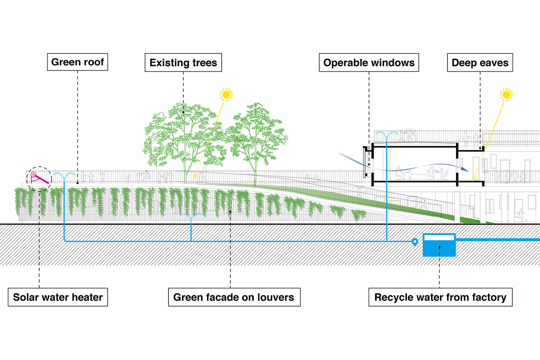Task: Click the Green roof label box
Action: pos(77,62)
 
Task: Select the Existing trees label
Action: pos(183,63)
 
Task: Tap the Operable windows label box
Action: pos(369,63)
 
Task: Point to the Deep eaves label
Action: pos(480,63)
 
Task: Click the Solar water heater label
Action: pos(58,297)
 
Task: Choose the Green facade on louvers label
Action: pos(234,297)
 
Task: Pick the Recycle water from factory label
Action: pos(440,297)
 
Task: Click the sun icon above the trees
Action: pos(226,95)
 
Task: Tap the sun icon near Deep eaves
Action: pos(506,95)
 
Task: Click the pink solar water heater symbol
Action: pos(39,178)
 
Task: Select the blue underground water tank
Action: pos(439,246)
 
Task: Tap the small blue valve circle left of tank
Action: pos(415,242)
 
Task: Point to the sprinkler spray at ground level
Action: pos(191,216)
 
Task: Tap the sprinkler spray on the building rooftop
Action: pos(387,135)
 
